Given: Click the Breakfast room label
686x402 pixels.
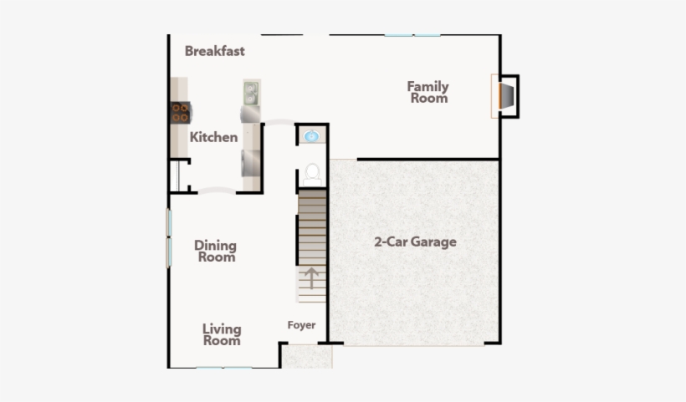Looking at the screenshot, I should (215, 51).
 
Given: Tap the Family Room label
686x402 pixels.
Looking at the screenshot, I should (427, 92).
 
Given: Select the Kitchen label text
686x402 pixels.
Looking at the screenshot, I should (213, 137).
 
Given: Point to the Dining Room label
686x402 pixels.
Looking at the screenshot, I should (215, 252).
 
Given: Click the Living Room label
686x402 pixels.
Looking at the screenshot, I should (222, 334).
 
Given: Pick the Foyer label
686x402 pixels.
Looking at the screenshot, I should (301, 325).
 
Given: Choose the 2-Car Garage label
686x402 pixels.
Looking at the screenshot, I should (415, 242).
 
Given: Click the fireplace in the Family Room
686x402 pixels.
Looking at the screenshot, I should (504, 94).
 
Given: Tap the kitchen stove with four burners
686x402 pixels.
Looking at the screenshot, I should (180, 112).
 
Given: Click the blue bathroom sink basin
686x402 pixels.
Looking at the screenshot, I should (311, 135).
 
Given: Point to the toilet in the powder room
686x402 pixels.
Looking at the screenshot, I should (312, 173).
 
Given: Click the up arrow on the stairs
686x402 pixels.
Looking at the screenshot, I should (311, 277).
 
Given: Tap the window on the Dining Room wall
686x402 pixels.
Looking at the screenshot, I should (169, 237).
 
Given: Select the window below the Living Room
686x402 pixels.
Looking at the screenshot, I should (224, 368).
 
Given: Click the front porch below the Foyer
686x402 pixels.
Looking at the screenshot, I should (306, 357).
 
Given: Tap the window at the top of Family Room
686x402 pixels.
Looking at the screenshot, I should (412, 35).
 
